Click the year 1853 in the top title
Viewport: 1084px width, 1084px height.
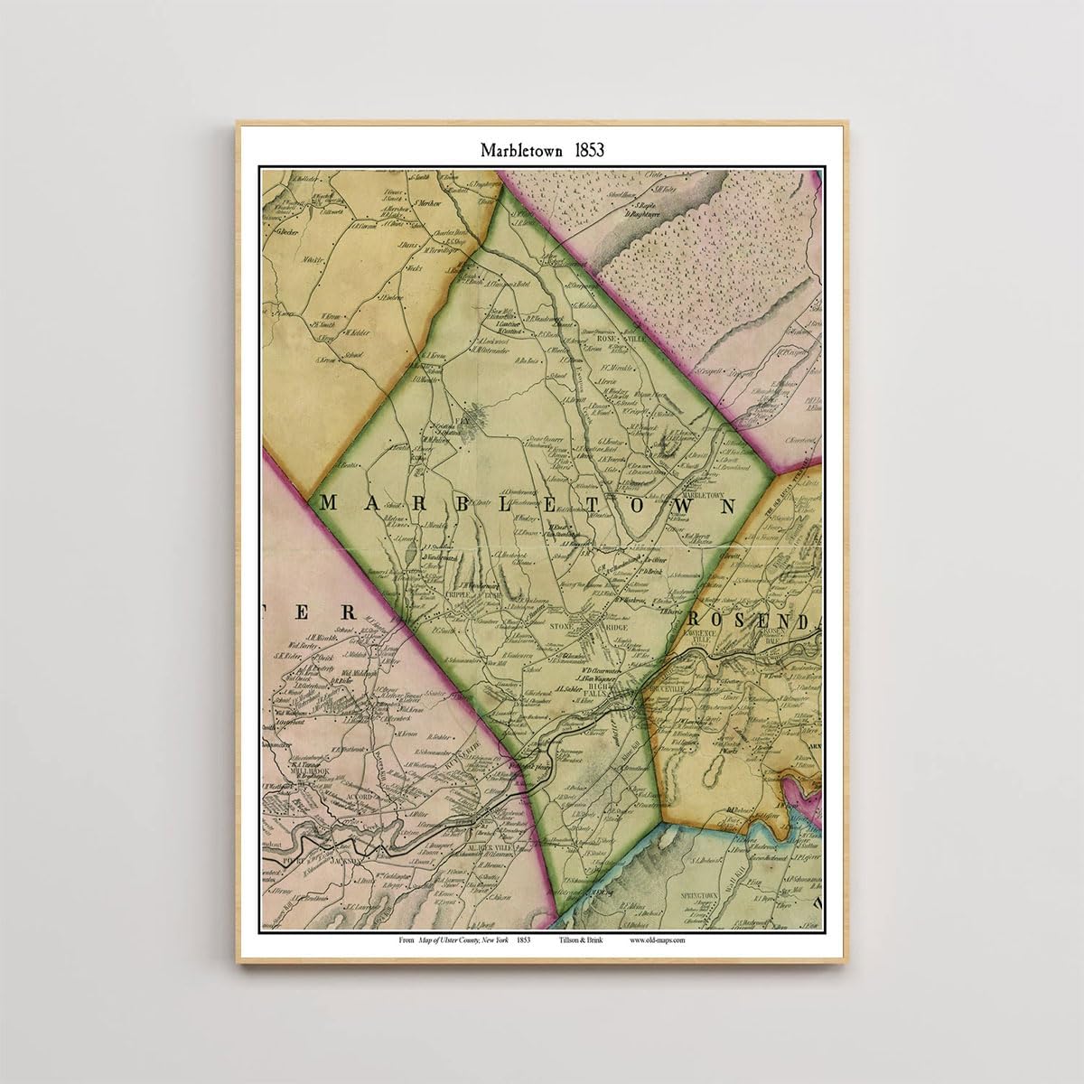point(584,151)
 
